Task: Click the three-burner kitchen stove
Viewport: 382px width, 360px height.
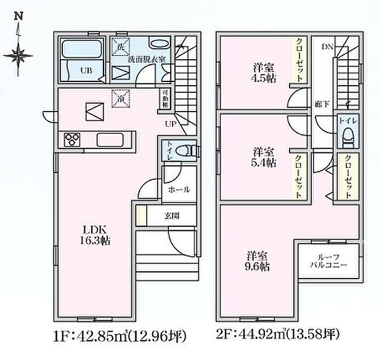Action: pos(71,140)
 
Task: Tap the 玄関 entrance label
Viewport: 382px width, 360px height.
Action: pos(173,216)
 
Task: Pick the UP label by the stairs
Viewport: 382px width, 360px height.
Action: pos(168,124)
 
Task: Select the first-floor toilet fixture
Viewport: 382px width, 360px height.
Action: pos(187,150)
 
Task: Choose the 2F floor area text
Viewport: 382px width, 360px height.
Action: pos(277,336)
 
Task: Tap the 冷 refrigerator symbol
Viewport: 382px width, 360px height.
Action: pos(118,97)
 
